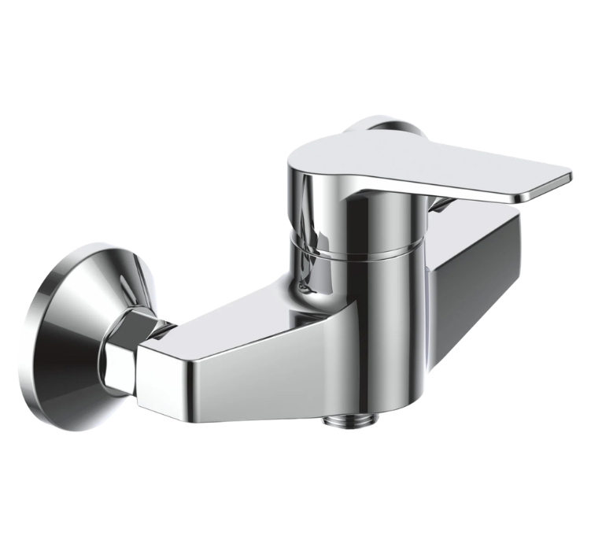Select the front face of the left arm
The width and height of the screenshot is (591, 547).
[236, 378]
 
